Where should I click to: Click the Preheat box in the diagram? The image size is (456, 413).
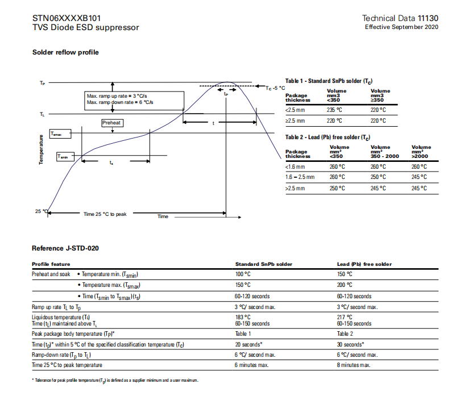[112, 123]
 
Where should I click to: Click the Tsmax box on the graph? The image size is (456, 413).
[60, 134]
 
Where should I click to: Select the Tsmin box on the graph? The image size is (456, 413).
[66, 156]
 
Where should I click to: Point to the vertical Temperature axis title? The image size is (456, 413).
[42, 149]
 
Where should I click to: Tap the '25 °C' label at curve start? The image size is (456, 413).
[41, 211]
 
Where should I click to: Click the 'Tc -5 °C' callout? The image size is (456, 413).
[275, 88]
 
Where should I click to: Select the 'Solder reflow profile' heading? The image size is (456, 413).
[65, 52]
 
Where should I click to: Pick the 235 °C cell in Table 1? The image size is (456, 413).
[335, 110]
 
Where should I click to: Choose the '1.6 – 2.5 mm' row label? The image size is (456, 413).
[299, 177]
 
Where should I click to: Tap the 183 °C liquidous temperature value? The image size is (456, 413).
[242, 317]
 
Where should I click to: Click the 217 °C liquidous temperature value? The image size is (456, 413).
[344, 317]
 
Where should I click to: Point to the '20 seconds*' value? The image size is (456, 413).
[248, 344]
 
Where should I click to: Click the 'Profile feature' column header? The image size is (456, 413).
[51, 264]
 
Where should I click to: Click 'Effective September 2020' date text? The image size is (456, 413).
[401, 27]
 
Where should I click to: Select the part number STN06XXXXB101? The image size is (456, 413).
[67, 18]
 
